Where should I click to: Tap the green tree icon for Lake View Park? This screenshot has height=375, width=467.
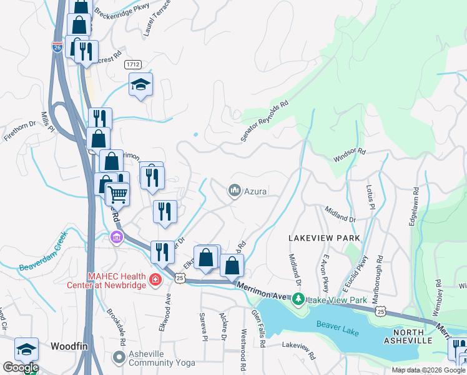click(299, 301)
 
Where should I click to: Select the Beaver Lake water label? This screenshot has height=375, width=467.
click(338, 328)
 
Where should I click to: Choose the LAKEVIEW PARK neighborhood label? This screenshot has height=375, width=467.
click(324, 239)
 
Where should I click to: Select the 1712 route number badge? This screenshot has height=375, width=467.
click(132, 64)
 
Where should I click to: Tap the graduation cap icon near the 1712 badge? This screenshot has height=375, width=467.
click(141, 84)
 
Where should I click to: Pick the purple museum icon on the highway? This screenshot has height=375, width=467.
click(116, 237)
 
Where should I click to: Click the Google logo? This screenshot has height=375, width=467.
click(21, 367)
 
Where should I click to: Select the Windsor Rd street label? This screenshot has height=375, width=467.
click(348, 152)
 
